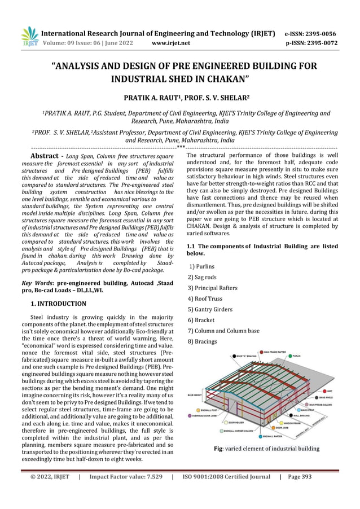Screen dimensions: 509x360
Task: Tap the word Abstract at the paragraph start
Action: point(47,155)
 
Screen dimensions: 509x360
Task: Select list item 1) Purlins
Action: point(201,266)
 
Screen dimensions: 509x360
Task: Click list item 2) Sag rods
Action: point(203,277)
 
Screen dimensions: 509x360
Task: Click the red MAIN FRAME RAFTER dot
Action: point(261,352)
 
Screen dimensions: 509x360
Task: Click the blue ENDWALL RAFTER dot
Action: point(260,436)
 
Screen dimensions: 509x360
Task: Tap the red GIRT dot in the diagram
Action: point(323,390)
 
